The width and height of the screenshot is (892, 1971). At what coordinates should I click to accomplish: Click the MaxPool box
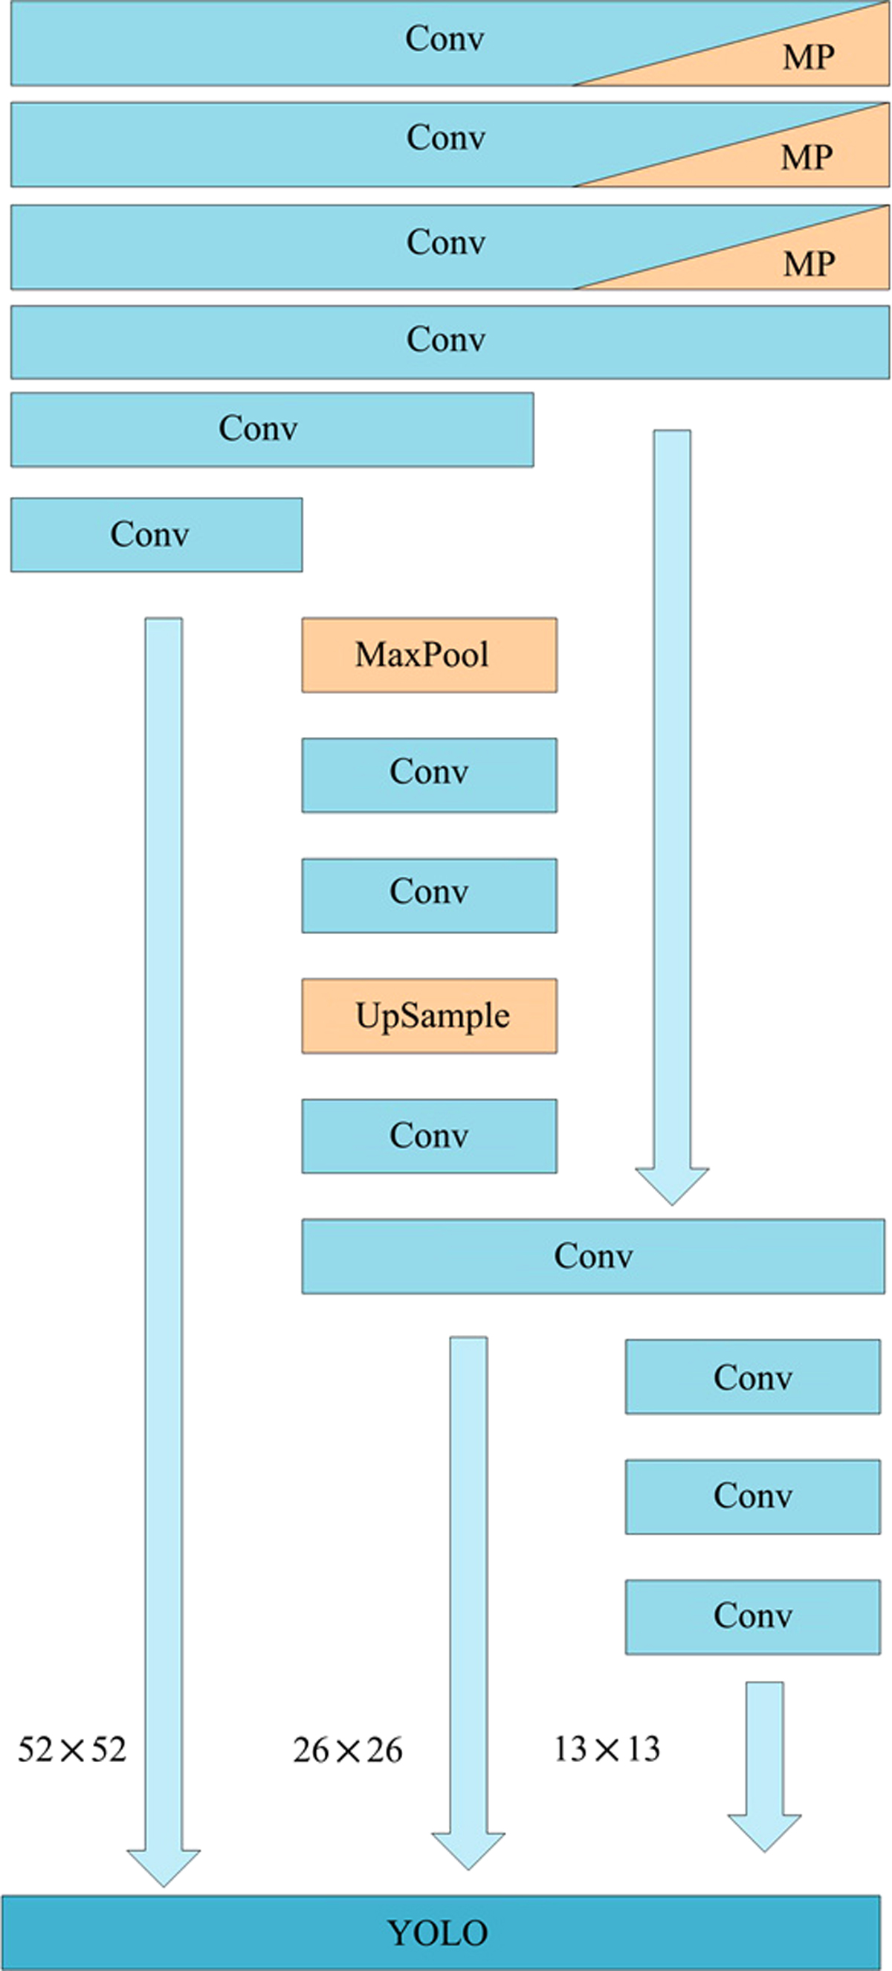[429, 655]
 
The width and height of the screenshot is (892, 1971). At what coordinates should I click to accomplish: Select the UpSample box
[429, 1015]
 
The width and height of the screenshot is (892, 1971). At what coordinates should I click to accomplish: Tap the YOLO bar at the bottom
[440, 1933]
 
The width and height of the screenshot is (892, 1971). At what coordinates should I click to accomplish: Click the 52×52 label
[72, 1750]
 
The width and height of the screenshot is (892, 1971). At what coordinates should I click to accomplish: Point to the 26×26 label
[347, 1750]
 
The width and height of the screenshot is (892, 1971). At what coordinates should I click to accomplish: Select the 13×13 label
[607, 1749]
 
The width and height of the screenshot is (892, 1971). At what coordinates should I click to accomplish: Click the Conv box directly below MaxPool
[429, 774]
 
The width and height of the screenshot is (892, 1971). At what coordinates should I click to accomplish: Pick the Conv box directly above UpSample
[429, 896]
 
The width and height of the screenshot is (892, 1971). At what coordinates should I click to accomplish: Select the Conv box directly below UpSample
[429, 1136]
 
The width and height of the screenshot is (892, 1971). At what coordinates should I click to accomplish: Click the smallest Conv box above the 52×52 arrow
[156, 534]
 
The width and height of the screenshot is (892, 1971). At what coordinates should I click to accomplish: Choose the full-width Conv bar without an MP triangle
[449, 341]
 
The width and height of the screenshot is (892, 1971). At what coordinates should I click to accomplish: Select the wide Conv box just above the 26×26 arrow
[593, 1256]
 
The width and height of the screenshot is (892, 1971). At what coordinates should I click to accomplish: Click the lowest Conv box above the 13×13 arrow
[753, 1617]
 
